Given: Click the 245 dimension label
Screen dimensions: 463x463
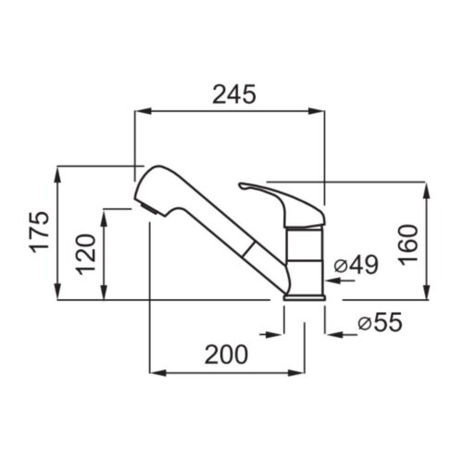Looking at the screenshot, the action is pos(234,94).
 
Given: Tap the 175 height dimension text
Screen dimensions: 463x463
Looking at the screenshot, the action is pos(39,231).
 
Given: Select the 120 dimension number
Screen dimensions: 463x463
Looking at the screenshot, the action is pos(86,255).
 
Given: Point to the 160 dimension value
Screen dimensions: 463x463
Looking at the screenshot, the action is pos(407,245).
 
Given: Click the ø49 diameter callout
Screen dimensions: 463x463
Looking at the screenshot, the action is pos(357,265).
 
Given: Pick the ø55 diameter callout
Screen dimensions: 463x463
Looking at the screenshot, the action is pos(380,322).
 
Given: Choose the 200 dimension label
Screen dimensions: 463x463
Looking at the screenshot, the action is pos(226,355).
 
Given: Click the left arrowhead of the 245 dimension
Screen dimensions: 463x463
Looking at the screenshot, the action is pos(143,111).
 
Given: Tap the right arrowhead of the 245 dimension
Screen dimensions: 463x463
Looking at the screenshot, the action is pos(317,111).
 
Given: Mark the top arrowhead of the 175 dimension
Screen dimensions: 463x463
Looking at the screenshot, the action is pos(57,175).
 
